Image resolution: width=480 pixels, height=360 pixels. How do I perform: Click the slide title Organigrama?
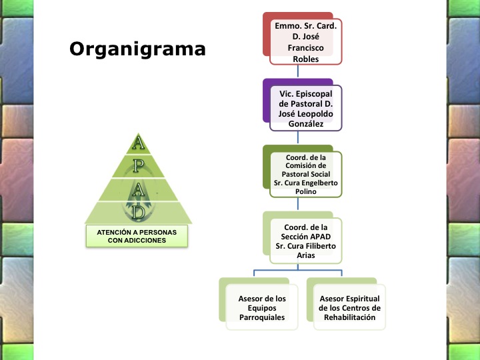click(137, 49)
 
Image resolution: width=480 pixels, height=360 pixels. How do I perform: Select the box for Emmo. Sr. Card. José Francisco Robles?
click(305, 42)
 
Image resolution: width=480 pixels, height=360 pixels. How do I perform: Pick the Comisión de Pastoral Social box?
click(305, 174)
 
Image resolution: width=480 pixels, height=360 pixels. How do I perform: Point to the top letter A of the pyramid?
click(138, 142)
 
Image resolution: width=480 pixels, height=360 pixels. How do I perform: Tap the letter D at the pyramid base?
click(138, 212)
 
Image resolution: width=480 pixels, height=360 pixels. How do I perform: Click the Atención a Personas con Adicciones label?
click(137, 236)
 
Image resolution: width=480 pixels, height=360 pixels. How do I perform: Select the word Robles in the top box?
click(305, 59)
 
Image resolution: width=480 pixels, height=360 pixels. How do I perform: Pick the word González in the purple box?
click(306, 124)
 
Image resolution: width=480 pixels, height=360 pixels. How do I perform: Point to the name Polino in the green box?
click(306, 191)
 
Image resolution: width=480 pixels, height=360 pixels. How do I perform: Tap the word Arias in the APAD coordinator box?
click(306, 255)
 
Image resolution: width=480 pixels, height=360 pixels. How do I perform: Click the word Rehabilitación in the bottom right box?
click(350, 317)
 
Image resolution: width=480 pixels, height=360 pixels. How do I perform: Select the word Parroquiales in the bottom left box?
click(262, 317)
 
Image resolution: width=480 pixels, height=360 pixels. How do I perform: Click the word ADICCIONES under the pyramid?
click(137, 240)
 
